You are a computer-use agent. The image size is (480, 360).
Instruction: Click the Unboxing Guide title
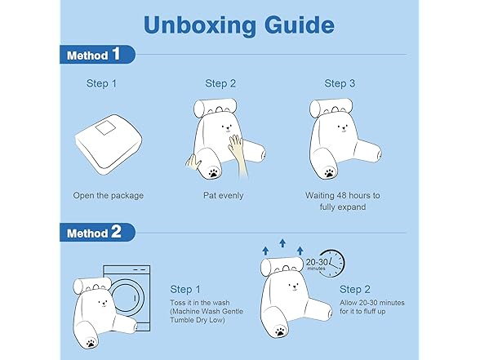[238, 26]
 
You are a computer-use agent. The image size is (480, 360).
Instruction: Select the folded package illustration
[109, 144]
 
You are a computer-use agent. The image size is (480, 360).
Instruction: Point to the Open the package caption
[108, 195]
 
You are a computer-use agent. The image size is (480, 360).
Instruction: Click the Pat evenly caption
[223, 195]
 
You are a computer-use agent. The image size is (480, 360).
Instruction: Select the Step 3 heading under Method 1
[340, 83]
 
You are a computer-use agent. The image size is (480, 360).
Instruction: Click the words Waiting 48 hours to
[343, 195]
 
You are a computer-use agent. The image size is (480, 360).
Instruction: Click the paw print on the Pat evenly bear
[214, 172]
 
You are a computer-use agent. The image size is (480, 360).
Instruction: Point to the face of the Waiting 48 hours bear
[343, 128]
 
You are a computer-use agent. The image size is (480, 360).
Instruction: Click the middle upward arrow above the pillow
[282, 243]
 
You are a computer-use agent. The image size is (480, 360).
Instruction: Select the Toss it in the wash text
[199, 302]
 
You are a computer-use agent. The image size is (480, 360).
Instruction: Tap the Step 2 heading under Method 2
[355, 289]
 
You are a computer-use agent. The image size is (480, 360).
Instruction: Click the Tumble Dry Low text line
[198, 320]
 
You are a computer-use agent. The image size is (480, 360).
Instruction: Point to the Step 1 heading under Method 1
[101, 83]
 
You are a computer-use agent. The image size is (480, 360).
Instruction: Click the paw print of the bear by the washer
[90, 343]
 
